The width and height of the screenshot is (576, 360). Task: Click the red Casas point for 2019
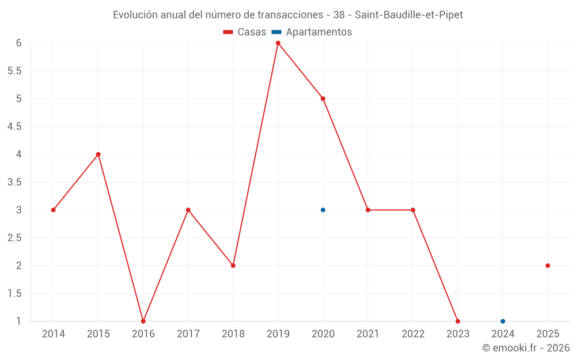(278, 43)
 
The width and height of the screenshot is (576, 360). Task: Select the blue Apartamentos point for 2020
(323, 210)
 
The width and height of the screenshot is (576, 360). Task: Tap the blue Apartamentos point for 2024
(503, 321)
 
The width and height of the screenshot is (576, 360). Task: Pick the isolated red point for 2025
(548, 266)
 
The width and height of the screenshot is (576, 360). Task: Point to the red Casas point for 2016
(143, 321)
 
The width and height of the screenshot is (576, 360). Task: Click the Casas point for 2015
(98, 154)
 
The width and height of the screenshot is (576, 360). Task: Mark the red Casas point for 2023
(458, 321)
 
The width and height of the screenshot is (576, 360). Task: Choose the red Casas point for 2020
(323, 98)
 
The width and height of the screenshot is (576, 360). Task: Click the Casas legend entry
(245, 32)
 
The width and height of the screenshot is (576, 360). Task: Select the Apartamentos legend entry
(312, 32)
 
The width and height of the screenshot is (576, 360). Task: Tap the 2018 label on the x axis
(233, 334)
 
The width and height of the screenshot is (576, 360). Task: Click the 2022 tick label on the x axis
(413, 334)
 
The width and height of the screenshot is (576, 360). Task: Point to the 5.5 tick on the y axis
(15, 71)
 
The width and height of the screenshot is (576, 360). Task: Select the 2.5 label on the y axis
(15, 238)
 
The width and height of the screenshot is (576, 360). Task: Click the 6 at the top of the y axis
(19, 43)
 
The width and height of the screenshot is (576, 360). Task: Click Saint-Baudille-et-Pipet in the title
(409, 15)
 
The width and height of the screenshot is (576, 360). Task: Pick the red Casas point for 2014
(53, 210)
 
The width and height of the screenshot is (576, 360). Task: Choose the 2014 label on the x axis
(53, 334)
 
